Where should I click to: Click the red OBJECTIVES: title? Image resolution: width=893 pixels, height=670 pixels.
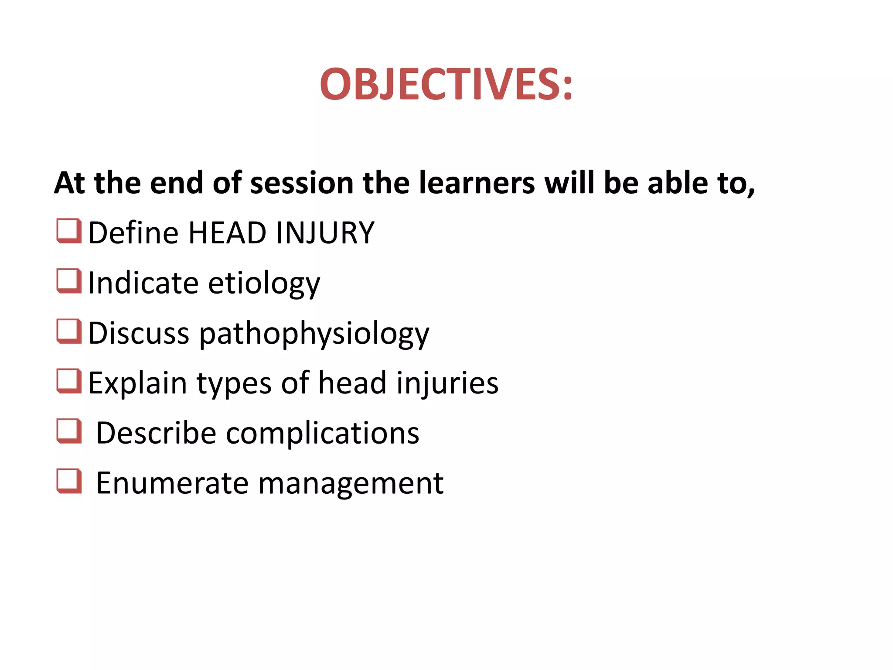coord(446,84)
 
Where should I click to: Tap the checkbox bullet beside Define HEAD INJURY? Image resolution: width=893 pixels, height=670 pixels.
coord(69,231)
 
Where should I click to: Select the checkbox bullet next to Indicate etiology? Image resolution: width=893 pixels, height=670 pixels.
coord(69,281)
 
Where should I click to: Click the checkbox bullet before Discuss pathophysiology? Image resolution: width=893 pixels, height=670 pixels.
coord(69,331)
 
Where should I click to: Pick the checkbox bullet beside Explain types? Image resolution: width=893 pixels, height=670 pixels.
coord(69,381)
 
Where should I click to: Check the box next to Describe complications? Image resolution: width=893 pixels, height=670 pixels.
coord(69,431)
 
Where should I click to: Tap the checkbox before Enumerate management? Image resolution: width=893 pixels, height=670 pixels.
coord(69,481)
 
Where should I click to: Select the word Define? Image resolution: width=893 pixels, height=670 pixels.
coord(133,232)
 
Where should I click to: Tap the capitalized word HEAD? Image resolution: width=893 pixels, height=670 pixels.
coord(227,232)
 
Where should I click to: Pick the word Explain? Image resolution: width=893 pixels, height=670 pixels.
coord(137,383)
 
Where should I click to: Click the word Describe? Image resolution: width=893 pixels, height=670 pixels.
coord(156,433)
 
